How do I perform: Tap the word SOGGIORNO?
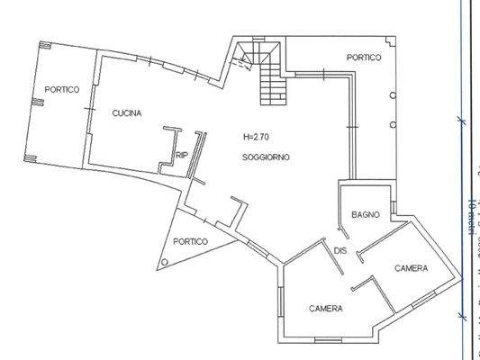click(265, 158)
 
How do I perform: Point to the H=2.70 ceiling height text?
click(256, 138)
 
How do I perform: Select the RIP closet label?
click(182, 155)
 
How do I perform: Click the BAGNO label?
click(365, 214)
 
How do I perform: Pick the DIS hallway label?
click(340, 250)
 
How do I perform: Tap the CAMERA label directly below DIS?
click(325, 309)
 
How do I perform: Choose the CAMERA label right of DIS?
click(411, 269)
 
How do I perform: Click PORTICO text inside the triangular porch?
click(191, 241)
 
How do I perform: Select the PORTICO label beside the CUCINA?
click(62, 89)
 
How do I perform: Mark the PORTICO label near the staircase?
click(364, 58)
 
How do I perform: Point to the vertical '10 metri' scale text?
click(472, 216)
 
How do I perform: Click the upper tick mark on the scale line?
click(460, 120)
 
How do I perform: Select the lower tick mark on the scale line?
click(460, 314)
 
